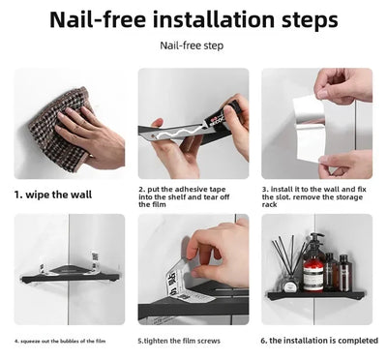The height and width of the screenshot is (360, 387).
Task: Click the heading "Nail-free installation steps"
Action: coord(193,18)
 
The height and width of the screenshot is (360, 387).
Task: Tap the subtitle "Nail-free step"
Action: coord(193,45)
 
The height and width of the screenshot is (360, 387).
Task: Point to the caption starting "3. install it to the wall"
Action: coord(316,195)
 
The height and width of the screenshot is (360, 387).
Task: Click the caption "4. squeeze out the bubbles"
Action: coord(60,341)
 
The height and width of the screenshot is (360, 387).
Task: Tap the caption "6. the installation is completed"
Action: coord(316,341)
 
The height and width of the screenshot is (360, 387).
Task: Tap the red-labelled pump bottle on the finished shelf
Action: coord(313,266)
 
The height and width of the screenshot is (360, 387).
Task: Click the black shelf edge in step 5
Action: coord(184,311)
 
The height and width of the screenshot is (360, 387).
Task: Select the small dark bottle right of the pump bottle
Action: coord(331,272)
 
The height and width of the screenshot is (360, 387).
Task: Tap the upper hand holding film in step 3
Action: coord(343,85)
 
